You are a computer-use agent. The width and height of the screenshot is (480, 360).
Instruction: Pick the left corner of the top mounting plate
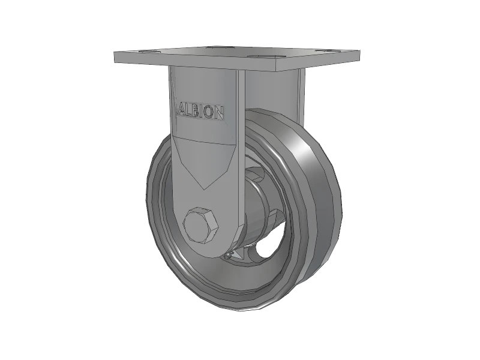(114, 55)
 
